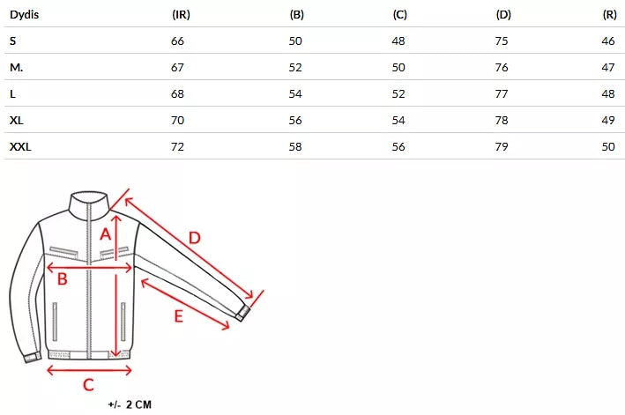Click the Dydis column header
pos(25,15)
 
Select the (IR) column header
pos(181,15)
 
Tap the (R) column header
pos(609,15)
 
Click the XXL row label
pos(20,147)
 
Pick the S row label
pos(12,41)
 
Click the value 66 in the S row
pos(177,41)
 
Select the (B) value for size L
pos(295,94)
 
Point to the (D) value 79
pos(502,147)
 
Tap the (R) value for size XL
pos(608,121)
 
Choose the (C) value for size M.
pos(398,68)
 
